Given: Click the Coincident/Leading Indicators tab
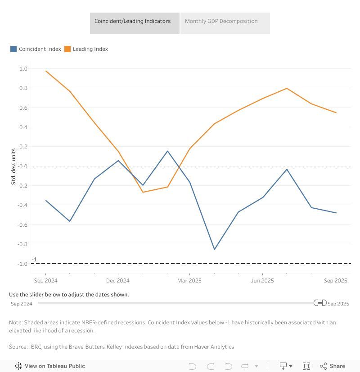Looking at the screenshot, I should [132, 21].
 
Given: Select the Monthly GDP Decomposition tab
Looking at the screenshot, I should [221, 21].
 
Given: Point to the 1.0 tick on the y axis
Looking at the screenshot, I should [23, 69].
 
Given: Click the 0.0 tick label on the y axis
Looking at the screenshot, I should [23, 166].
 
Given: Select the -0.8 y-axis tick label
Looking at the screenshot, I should [22, 244].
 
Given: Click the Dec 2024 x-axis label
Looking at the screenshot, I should [118, 281].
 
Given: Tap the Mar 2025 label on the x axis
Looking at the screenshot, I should [189, 281].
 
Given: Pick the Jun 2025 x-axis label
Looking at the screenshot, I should [262, 281].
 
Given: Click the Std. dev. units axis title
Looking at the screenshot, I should [14, 166].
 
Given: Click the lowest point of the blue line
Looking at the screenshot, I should [214, 249].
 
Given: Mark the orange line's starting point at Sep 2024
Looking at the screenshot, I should [46, 71].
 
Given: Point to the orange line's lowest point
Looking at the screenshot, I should [143, 192].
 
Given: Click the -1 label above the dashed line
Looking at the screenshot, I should [34, 260].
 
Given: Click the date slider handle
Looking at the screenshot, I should [320, 303].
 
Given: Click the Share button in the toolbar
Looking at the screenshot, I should [333, 366].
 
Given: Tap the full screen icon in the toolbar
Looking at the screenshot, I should [306, 366].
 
